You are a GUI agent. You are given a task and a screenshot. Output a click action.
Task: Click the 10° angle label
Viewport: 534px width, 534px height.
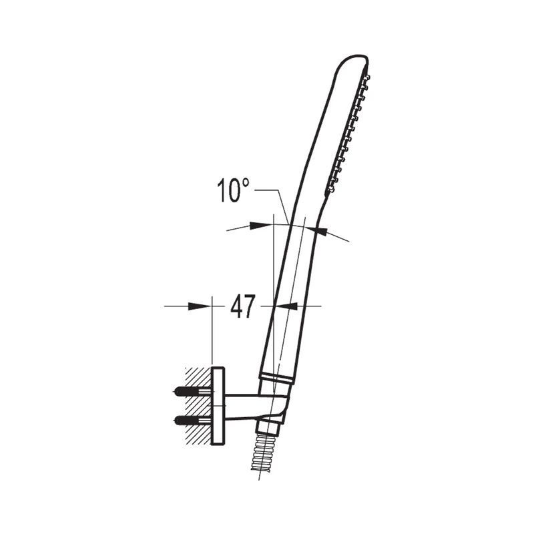coord(233,191)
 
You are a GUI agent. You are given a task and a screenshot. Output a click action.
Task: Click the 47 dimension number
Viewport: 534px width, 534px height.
coord(242,306)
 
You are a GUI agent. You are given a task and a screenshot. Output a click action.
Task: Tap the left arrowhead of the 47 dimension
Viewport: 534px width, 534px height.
coord(198,306)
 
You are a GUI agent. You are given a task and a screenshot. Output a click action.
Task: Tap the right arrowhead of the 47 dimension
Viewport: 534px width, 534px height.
coord(286,306)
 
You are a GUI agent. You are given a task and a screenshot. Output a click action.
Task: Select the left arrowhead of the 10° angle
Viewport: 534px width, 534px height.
coord(260,226)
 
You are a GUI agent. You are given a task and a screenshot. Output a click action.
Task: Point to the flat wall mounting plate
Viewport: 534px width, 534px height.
coord(218,406)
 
